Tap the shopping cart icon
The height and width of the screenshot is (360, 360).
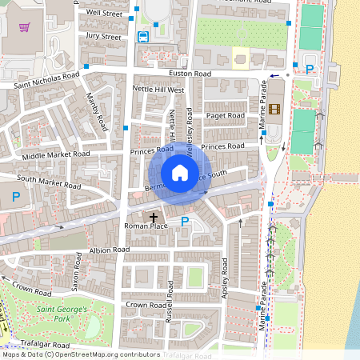[26, 27]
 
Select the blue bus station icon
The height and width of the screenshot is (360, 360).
[143, 36]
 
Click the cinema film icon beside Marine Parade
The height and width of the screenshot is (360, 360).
[275, 109]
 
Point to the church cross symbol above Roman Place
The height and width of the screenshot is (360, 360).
[154, 218]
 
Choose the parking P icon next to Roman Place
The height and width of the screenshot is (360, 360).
[185, 222]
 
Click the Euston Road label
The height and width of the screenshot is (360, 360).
[190, 74]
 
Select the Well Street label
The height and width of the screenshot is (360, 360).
[104, 14]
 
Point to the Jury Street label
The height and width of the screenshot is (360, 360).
[103, 36]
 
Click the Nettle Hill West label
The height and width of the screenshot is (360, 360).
[158, 90]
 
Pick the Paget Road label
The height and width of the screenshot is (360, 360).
[225, 115]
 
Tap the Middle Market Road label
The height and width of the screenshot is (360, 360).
[56, 154]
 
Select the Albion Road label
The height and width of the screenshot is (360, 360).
[110, 250]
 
